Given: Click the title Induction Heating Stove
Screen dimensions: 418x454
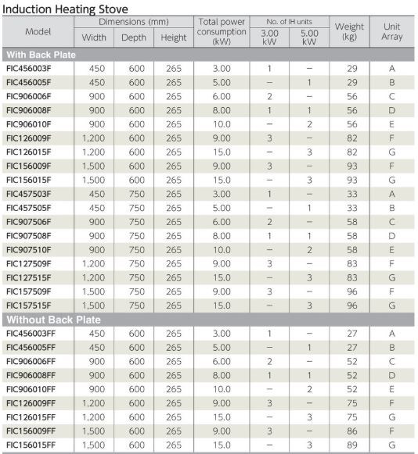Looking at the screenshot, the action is point(66,8).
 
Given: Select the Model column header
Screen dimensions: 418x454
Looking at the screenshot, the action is point(38,32).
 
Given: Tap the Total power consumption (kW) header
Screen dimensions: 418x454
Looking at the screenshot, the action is point(222,32).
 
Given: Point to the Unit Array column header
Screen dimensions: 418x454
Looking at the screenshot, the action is point(391,32).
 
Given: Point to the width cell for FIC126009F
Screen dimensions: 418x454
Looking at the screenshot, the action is point(94,138).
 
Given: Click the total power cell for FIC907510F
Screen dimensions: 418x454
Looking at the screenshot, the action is point(222,249).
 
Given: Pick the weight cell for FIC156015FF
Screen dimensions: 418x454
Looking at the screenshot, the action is point(352,445).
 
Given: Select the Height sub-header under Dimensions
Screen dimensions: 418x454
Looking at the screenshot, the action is point(174,38).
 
